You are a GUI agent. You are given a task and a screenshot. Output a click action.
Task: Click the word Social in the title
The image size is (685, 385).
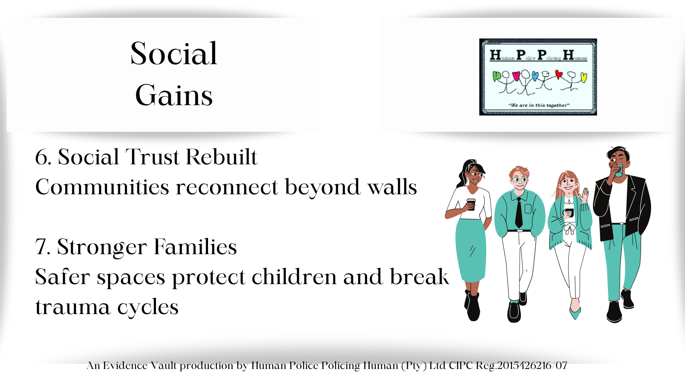coord(174,53)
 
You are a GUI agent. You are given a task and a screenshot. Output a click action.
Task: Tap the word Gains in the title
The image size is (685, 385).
coord(174,95)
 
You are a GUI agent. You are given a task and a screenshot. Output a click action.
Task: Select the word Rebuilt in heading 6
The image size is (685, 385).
coord(222,157)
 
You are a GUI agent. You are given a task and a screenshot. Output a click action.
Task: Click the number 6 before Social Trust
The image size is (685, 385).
coord(41,157)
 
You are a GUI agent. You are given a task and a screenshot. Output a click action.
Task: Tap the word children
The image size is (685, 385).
coord(294,277)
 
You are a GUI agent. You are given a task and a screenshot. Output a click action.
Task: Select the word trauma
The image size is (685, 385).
coord(73,307)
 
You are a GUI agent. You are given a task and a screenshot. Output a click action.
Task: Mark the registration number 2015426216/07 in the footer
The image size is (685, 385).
coord(532,365)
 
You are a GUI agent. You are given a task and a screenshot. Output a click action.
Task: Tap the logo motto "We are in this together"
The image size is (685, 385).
coord(539,105)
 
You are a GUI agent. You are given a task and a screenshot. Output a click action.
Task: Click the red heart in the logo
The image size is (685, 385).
coord(559,75)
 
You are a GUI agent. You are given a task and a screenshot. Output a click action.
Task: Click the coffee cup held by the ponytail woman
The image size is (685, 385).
coord(471,205)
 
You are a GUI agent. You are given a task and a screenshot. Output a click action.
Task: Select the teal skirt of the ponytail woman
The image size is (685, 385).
coord(471,250)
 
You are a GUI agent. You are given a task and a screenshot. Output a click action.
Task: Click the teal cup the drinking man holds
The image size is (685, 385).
coord(618,170)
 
